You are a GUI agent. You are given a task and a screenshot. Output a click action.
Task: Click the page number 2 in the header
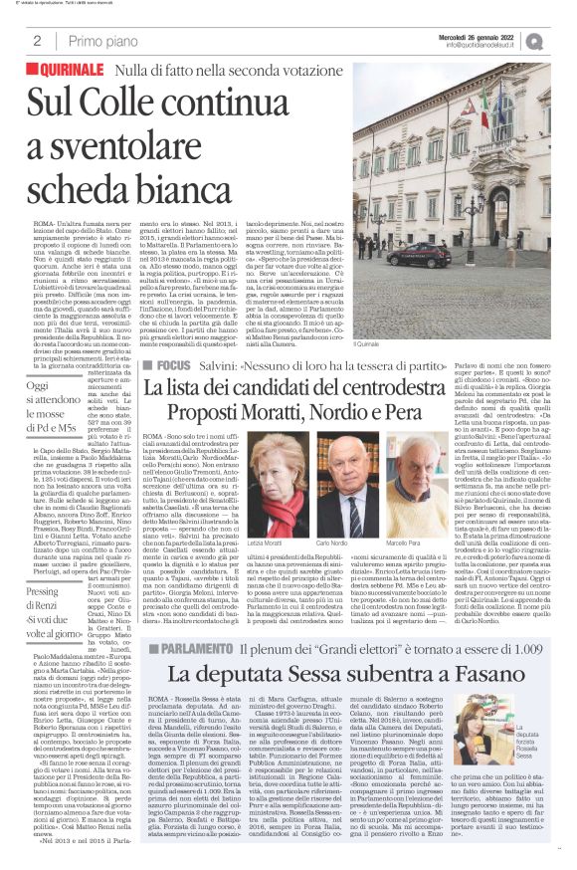[37, 41]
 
